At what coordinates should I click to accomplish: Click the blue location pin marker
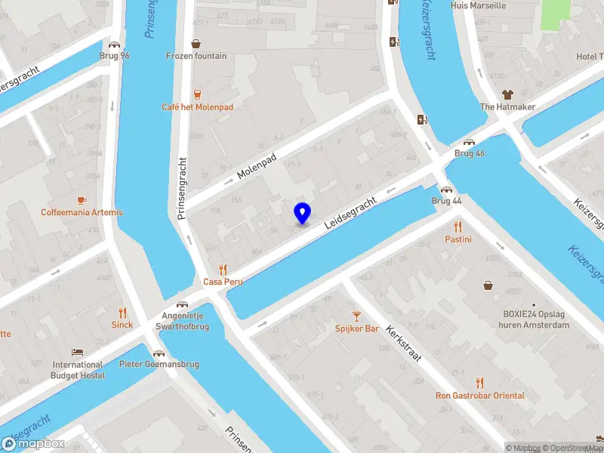click(302, 213)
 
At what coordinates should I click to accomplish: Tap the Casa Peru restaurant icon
click(222, 269)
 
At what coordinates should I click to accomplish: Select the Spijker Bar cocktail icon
click(357, 316)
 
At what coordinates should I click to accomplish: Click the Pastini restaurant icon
click(458, 226)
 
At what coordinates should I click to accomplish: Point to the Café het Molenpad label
click(198, 107)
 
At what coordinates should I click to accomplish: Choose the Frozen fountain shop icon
click(196, 44)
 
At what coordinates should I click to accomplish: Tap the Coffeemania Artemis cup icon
click(82, 200)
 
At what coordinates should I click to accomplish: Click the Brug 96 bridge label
click(115, 56)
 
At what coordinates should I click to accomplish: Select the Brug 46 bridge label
click(470, 153)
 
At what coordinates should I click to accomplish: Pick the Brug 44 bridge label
click(446, 201)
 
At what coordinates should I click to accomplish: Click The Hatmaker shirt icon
click(507, 94)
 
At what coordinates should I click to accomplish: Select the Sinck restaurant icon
click(122, 313)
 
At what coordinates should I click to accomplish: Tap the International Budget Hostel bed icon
click(77, 353)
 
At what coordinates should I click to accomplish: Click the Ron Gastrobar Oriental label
click(479, 396)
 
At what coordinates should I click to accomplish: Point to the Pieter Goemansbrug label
click(159, 364)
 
